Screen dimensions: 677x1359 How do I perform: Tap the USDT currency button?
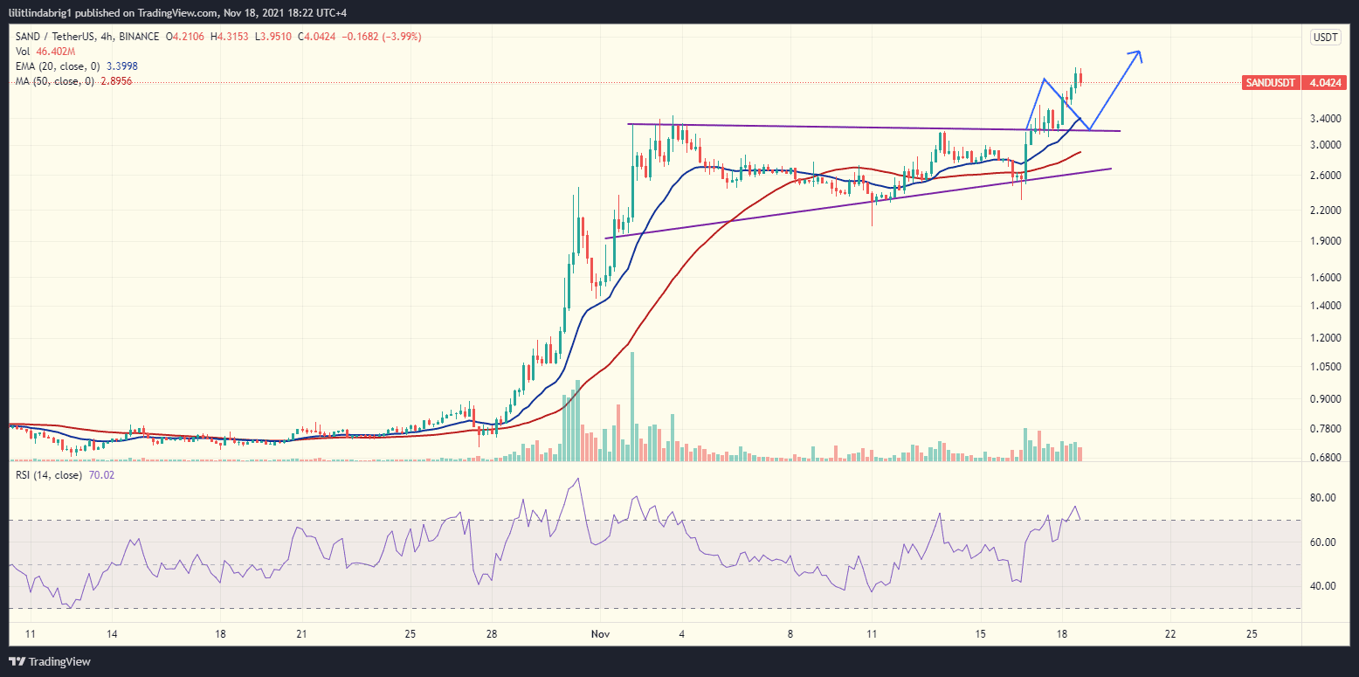(1326, 37)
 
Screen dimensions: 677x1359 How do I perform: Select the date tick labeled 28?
(492, 633)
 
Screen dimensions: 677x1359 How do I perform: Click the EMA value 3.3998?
(121, 66)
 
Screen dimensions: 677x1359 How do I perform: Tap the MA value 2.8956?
(118, 80)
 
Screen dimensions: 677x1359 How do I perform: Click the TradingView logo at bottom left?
(50, 661)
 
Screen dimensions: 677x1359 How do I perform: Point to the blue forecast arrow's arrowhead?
(1137, 54)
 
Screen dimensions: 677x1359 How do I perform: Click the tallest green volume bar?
(632, 406)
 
